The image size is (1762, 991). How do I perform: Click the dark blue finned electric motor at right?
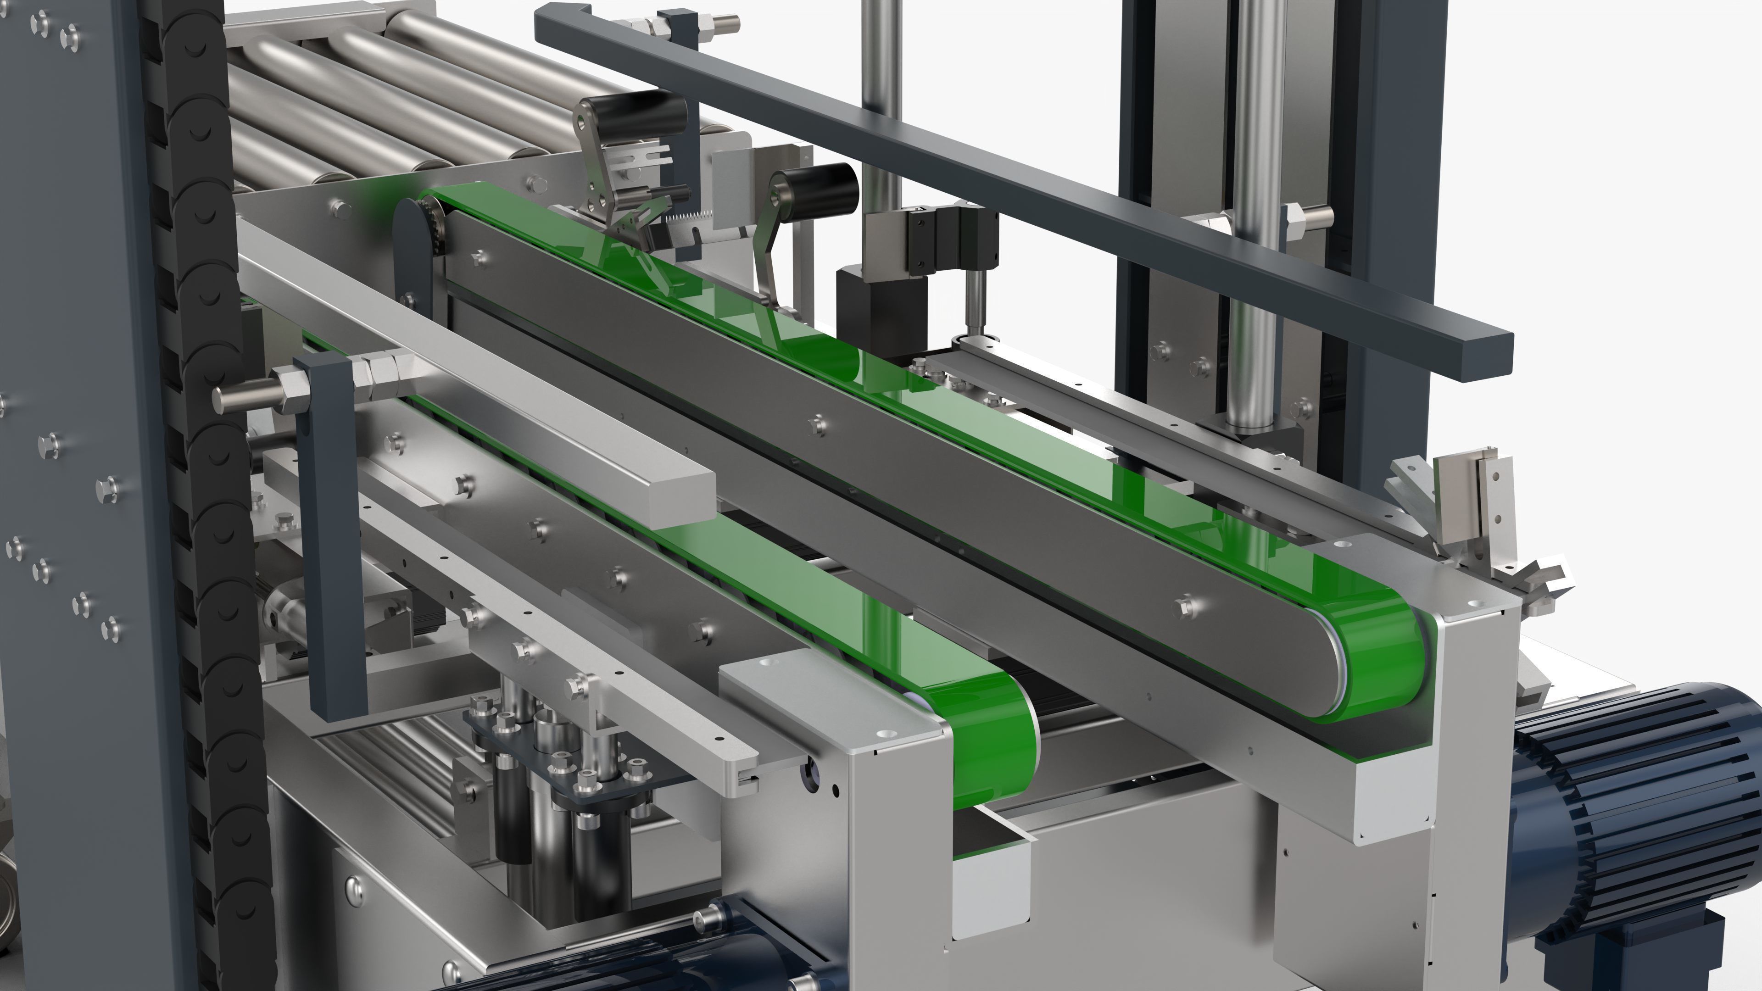(1642, 807)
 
